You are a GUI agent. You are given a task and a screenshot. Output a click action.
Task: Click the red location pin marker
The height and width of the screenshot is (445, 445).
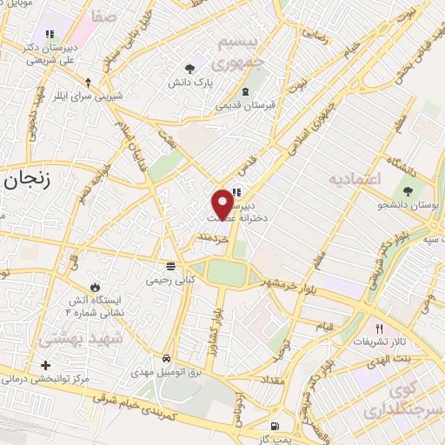(223, 203)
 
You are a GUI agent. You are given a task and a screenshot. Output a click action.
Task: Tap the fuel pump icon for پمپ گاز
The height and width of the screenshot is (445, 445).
(276, 427)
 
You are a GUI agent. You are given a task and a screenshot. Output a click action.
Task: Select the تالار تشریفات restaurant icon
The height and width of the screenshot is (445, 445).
(379, 329)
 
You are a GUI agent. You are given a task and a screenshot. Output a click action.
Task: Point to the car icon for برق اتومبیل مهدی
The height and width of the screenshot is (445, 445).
(165, 358)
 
